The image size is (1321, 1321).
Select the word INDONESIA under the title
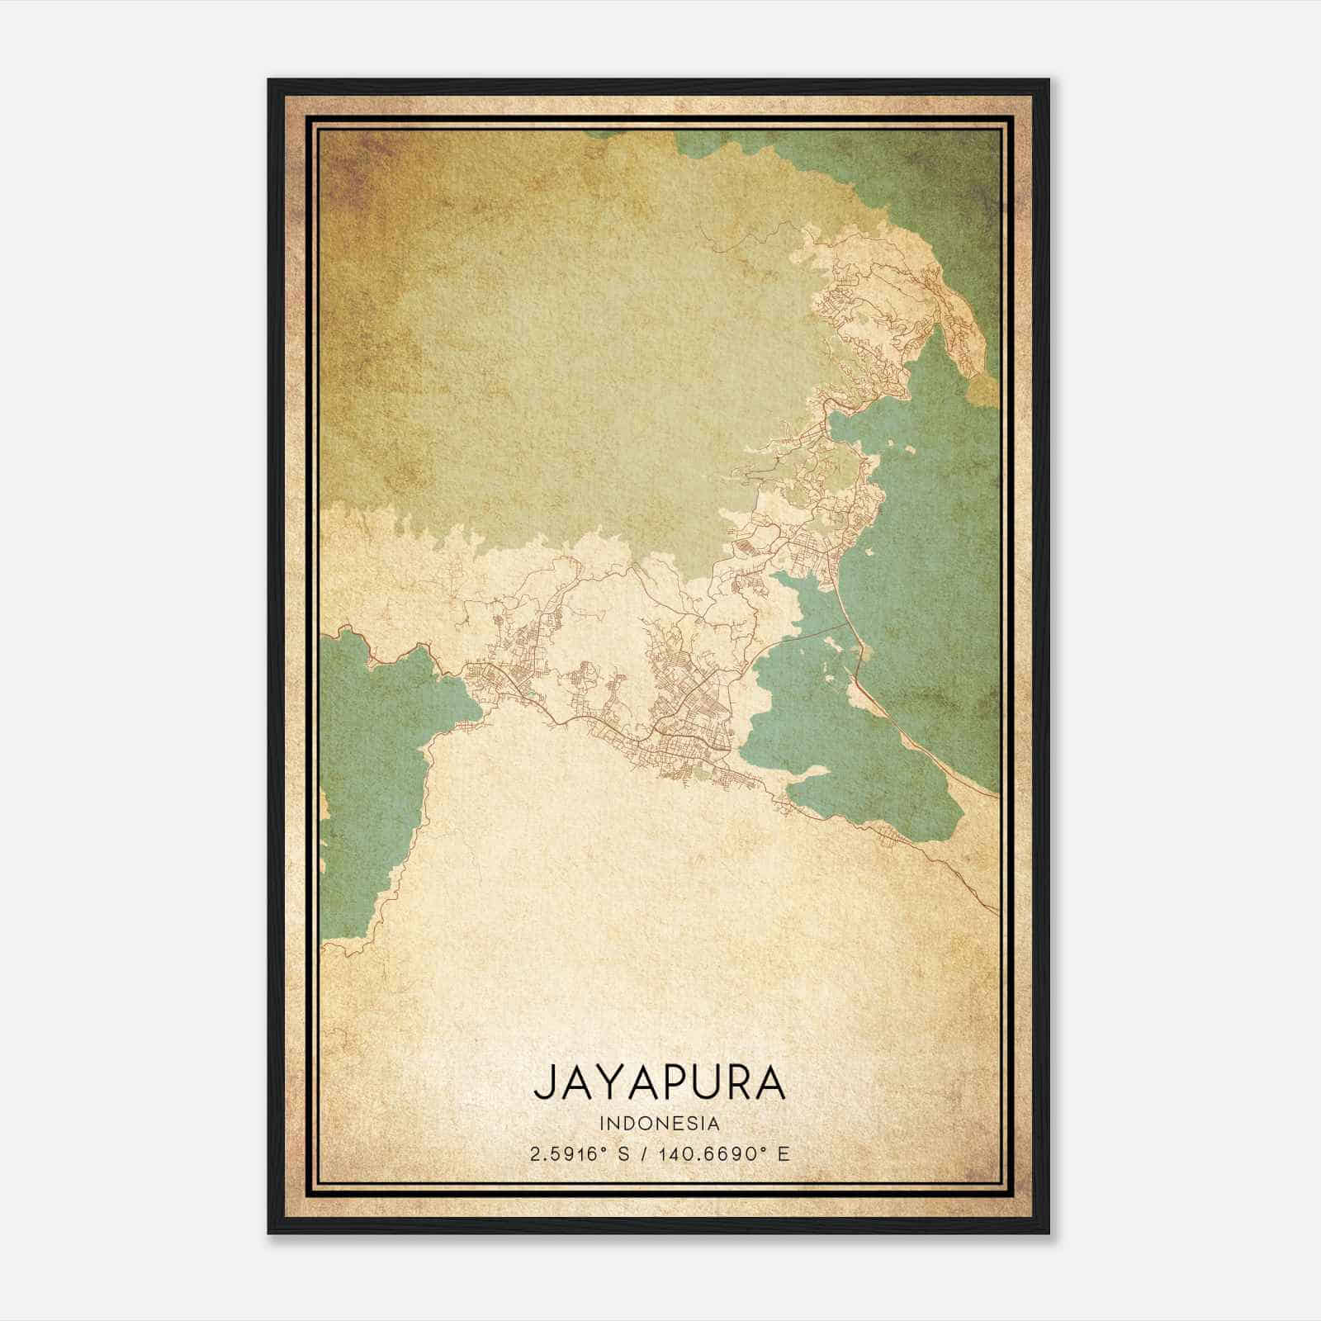click(x=660, y=1124)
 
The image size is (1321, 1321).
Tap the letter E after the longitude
click(x=783, y=1153)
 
